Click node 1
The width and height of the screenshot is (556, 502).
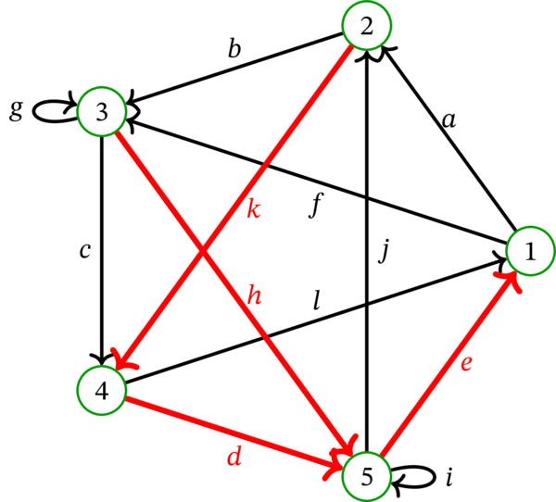(x=530, y=252)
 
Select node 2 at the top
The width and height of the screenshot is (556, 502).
(x=366, y=28)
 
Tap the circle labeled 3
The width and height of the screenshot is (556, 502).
(x=103, y=113)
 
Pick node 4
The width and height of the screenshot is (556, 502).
(x=102, y=390)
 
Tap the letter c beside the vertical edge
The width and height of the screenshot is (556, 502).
(x=84, y=251)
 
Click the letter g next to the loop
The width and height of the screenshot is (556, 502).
(x=15, y=112)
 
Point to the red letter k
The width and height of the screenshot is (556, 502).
(x=252, y=209)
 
